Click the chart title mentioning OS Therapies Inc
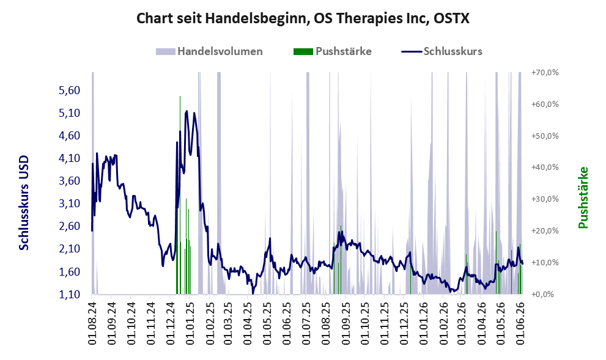tap(303, 18)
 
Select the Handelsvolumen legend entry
tap(209, 51)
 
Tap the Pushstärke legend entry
tap(333, 51)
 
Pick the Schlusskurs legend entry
tap(442, 51)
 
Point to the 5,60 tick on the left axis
tap(69, 90)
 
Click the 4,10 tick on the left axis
tap(69, 158)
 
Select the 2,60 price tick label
tap(69, 226)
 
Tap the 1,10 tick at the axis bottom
tap(69, 295)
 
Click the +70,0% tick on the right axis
tap(545, 73)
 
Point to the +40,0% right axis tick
tap(545, 167)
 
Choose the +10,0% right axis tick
tap(545, 263)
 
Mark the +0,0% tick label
tap(545, 295)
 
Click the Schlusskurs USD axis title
tap(24, 202)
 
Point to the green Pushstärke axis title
tap(583, 197)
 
